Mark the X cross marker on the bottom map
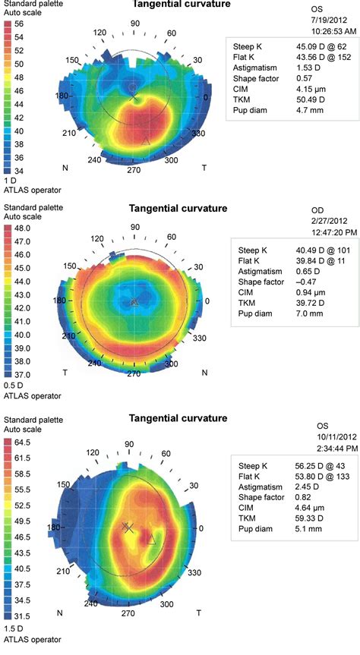(x=127, y=527)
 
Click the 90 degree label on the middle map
(x=135, y=227)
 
